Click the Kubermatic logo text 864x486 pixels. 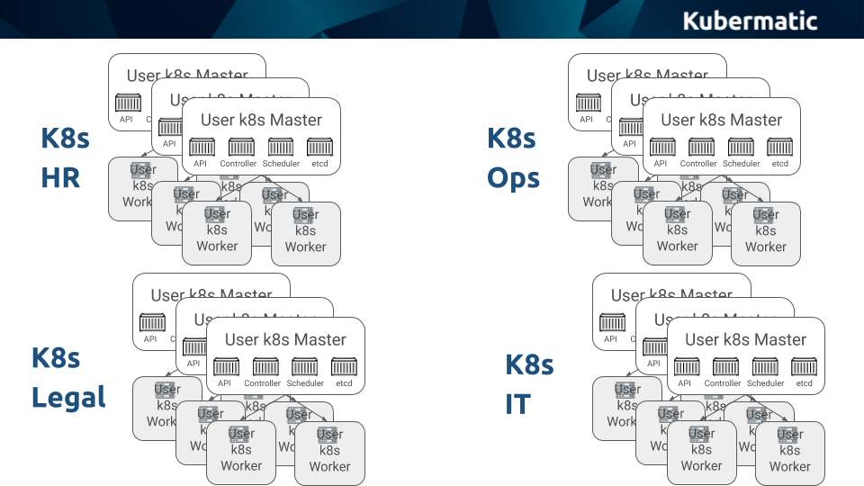[750, 20]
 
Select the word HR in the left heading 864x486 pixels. [60, 177]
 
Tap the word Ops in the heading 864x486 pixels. [513, 177]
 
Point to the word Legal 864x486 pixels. [68, 397]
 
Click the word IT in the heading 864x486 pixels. [517, 404]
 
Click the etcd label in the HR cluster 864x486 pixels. [319, 164]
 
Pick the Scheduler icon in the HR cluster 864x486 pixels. [281, 147]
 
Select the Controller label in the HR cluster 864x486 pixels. [238, 164]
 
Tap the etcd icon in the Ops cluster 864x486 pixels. [780, 147]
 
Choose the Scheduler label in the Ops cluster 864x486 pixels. [742, 164]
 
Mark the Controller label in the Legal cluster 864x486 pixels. [263, 383]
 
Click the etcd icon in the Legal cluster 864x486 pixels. [344, 366]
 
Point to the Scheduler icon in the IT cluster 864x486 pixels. [766, 366]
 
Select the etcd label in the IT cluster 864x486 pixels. [804, 383]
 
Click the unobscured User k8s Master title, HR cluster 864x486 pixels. [261, 120]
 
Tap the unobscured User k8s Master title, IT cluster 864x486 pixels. [746, 339]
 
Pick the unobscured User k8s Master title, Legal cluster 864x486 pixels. [285, 339]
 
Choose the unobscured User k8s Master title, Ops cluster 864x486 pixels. [722, 120]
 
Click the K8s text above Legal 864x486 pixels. [56, 357]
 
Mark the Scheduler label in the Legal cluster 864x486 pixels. [305, 383]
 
